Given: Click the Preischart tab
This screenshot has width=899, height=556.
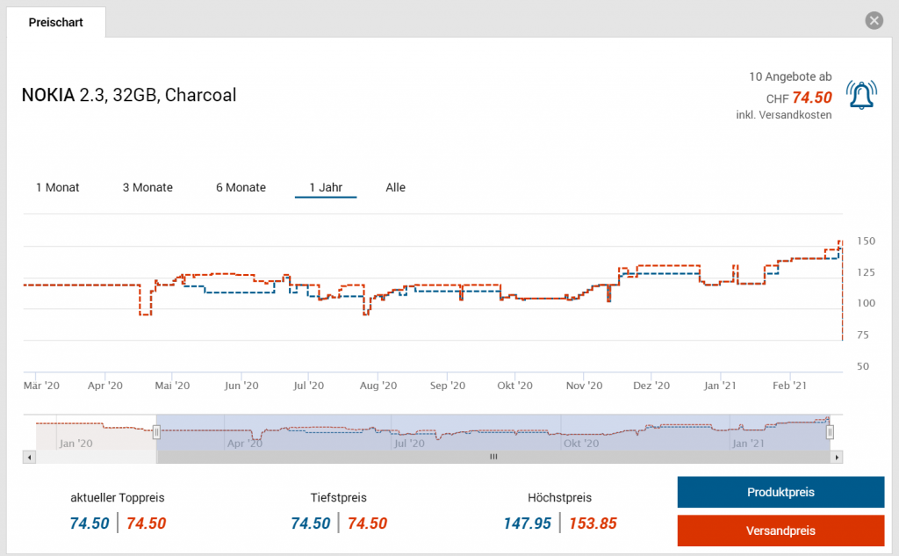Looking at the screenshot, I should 56,23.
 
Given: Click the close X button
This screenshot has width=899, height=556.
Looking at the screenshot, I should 873,21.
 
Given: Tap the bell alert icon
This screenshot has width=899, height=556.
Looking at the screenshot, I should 861,94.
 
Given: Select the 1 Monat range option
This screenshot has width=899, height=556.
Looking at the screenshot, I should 58,187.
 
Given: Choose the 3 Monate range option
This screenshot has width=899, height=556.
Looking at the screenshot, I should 147,187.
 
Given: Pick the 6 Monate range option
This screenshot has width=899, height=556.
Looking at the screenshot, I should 241,187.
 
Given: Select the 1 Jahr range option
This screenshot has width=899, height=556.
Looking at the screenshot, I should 326,187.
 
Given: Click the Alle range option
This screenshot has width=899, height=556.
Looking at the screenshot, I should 395,187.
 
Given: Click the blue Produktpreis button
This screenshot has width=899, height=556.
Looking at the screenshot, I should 780,492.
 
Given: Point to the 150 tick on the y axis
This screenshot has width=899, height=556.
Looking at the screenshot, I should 866,241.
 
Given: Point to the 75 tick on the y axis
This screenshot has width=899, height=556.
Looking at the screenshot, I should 865,335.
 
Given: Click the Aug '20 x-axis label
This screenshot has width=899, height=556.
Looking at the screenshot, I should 379,386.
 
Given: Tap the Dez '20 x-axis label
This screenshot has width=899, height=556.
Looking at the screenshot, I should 651,386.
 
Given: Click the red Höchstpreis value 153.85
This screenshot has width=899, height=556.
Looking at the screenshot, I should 593,524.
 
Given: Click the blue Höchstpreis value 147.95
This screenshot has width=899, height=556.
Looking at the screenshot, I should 527,524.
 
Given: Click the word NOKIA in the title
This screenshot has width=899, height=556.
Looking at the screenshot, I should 48,95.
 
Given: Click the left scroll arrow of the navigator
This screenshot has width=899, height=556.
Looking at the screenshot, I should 30,457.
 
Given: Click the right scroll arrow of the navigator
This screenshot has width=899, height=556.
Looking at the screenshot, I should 837,457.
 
